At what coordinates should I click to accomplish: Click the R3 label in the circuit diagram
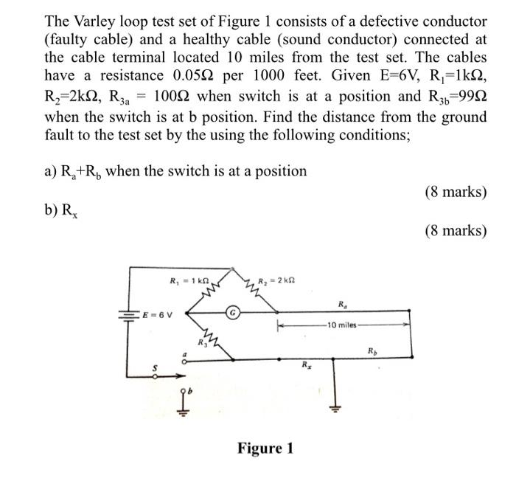(x=201, y=342)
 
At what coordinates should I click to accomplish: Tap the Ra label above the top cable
(x=342, y=304)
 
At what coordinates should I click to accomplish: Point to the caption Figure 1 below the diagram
(x=265, y=449)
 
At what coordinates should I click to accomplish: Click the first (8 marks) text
(x=456, y=192)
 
